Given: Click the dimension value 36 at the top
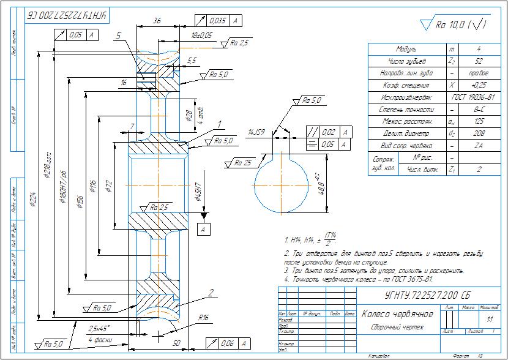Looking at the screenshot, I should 156,20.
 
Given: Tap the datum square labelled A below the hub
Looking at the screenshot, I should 201,229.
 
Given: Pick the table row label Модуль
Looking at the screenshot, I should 407,49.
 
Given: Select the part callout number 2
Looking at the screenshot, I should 209,293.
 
